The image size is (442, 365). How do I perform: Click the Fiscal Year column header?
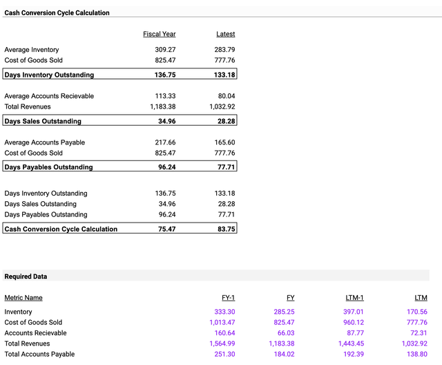159,34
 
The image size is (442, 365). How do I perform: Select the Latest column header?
225,34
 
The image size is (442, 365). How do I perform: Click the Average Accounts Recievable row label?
49,96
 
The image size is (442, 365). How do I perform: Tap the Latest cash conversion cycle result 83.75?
224,229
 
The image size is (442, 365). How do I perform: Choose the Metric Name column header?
23,298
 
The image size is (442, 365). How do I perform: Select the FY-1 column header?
228,298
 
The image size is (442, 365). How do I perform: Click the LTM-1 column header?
354,298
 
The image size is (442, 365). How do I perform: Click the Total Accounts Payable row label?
39,355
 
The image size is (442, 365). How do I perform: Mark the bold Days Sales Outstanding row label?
43,122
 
